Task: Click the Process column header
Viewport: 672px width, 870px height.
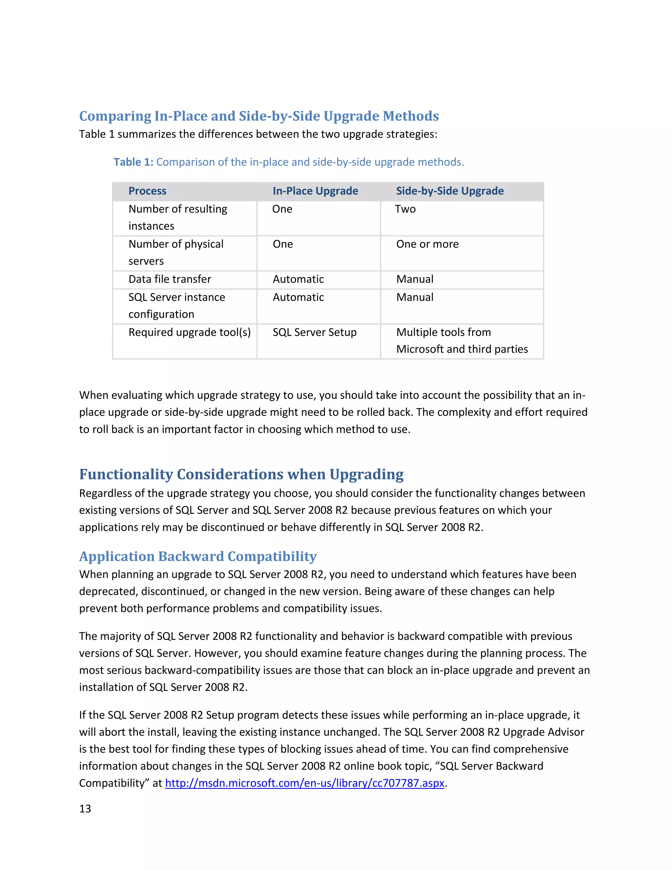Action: pyautogui.click(x=147, y=191)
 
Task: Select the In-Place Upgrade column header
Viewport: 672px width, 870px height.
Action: pyautogui.click(x=315, y=191)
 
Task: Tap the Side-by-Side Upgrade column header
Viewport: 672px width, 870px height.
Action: pyautogui.click(x=450, y=191)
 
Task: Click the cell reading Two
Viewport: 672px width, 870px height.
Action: pyautogui.click(x=405, y=209)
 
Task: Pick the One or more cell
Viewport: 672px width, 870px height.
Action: pyautogui.click(x=427, y=244)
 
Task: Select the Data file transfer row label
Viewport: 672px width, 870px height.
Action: pyautogui.click(x=170, y=279)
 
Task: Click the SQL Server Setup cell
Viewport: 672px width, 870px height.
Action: pyautogui.click(x=314, y=332)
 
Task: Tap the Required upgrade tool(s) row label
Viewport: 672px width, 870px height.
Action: pyautogui.click(x=190, y=332)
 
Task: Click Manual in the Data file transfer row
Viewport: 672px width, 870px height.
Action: pyautogui.click(x=414, y=279)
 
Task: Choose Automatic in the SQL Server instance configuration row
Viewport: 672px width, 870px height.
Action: pyautogui.click(x=298, y=297)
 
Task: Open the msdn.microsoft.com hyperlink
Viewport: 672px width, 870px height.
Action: pyautogui.click(x=304, y=783)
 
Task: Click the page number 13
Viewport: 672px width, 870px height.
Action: pyautogui.click(x=85, y=809)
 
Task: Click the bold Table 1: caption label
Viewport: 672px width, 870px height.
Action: pyautogui.click(x=133, y=162)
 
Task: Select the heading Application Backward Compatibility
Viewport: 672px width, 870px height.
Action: pyautogui.click(x=198, y=556)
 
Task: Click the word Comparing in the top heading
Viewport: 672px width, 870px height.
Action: pyautogui.click(x=115, y=116)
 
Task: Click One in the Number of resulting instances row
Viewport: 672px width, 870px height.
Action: pyautogui.click(x=282, y=209)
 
